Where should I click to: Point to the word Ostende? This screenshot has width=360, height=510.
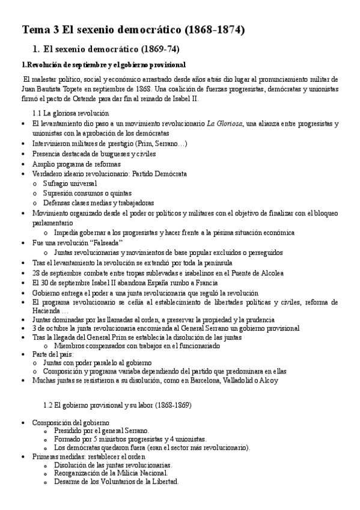pyautogui.click(x=72, y=99)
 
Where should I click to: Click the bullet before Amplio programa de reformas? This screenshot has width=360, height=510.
pyautogui.click(x=23, y=164)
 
